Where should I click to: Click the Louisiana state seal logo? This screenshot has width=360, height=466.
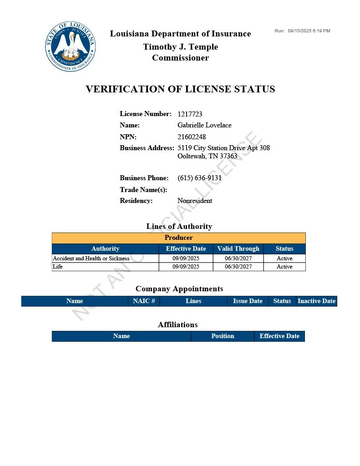click(71, 47)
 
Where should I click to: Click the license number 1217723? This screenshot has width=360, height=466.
click(190, 114)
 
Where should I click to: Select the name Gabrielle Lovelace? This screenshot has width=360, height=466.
click(204, 125)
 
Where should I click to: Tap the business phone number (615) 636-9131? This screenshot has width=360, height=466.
click(199, 178)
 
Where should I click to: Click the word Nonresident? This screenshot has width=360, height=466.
click(195, 201)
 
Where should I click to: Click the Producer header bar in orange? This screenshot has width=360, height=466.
click(178, 238)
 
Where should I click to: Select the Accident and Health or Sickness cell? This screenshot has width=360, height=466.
click(91, 258)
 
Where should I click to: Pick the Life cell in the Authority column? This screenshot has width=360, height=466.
click(58, 267)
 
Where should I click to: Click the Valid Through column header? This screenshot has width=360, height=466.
click(238, 249)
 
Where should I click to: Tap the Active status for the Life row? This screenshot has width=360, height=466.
click(284, 267)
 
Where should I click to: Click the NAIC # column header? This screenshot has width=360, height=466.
click(144, 301)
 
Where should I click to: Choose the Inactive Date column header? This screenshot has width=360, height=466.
click(316, 301)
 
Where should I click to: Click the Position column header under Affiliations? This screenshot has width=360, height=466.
click(223, 336)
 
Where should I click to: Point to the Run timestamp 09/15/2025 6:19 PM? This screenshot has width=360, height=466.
click(309, 31)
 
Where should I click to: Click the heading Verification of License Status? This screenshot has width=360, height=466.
click(180, 89)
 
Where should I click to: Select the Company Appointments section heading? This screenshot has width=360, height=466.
click(179, 289)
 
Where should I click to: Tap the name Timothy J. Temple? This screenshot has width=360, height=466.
click(180, 47)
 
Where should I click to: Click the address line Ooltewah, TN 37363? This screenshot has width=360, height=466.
click(207, 156)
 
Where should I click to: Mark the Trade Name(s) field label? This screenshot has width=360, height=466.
click(143, 190)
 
